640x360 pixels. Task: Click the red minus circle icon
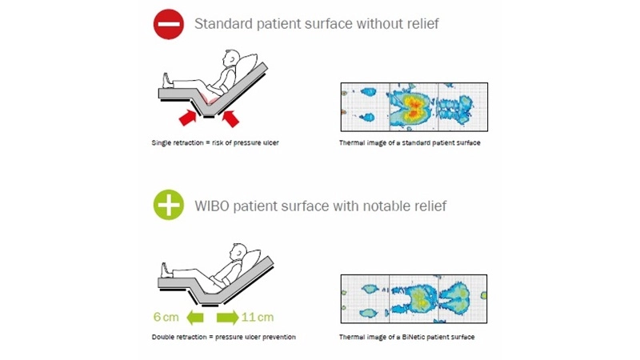pyautogui.click(x=169, y=24)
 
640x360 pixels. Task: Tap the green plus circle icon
pyautogui.click(x=169, y=206)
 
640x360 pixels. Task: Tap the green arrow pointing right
pyautogui.click(x=227, y=317)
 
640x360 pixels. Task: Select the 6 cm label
pyautogui.click(x=163, y=317)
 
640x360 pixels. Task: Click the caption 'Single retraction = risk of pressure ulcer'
pyautogui.click(x=215, y=143)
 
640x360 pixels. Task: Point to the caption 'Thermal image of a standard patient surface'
pyautogui.click(x=409, y=143)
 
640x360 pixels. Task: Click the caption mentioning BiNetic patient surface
pyautogui.click(x=406, y=338)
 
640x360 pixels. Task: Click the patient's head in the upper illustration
pyautogui.click(x=231, y=60)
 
